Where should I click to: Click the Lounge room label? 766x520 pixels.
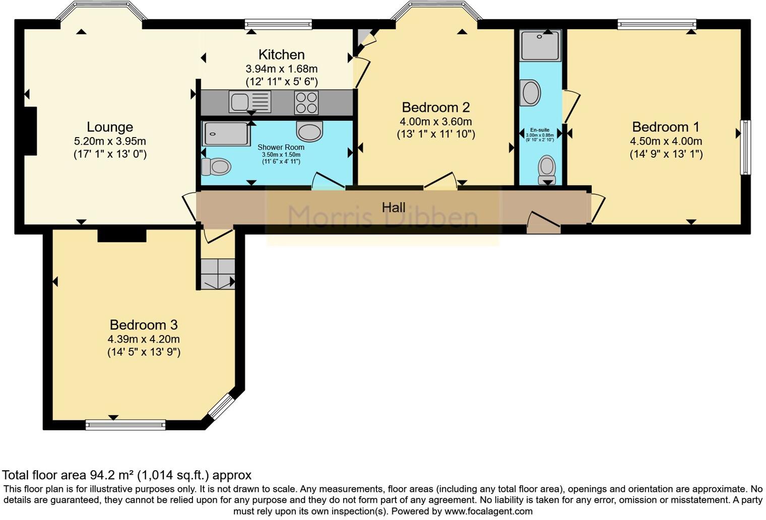(110, 127)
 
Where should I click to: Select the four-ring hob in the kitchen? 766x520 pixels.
(306, 102)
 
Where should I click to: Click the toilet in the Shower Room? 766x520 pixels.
(216, 166)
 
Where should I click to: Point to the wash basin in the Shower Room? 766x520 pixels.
(309, 132)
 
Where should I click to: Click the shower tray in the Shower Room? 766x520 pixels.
(226, 134)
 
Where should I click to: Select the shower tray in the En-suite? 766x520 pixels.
(540, 45)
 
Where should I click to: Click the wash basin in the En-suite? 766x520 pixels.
(530, 93)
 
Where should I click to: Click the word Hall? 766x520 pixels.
(394, 207)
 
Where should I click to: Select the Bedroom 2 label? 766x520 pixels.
(435, 107)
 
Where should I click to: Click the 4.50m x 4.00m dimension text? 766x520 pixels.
(666, 142)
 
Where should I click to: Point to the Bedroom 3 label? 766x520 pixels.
(144, 325)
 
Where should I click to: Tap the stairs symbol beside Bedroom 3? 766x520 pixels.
(218, 274)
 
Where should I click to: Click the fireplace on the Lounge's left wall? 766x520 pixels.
(30, 131)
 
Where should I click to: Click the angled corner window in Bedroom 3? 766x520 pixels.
(222, 407)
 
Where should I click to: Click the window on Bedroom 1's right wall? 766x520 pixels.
(745, 147)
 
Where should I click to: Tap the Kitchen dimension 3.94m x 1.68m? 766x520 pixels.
(281, 69)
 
